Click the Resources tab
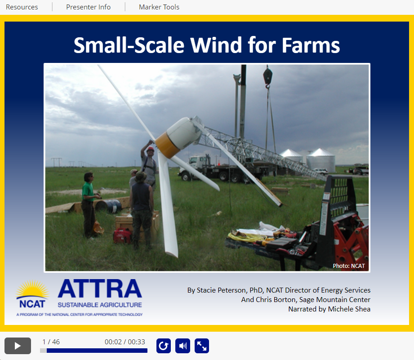[x=22, y=7]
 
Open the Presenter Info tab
[x=88, y=7]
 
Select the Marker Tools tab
[x=159, y=7]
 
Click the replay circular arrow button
[x=164, y=346]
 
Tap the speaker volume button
[x=183, y=346]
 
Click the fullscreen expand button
[x=202, y=346]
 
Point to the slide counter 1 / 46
[x=51, y=342]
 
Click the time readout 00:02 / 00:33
[x=125, y=342]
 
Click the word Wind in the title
[x=216, y=45]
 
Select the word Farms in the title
[x=311, y=45]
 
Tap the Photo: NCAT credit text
[x=349, y=266]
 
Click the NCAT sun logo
[x=32, y=294]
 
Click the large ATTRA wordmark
[x=100, y=289]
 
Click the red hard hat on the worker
[x=151, y=149]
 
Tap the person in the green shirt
[x=89, y=205]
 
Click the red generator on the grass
[x=122, y=236]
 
